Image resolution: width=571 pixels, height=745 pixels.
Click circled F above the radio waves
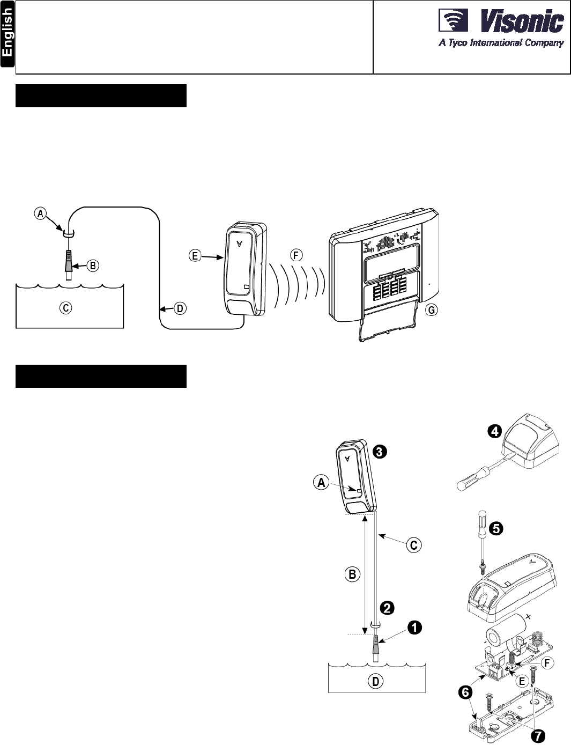pyautogui.click(x=295, y=255)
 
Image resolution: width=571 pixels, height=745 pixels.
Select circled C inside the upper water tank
pyautogui.click(x=65, y=308)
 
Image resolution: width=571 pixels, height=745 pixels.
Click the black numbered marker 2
pyautogui.click(x=387, y=608)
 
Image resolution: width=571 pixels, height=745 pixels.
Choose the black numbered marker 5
pyautogui.click(x=496, y=528)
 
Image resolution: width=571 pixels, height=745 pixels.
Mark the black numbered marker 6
pyautogui.click(x=465, y=692)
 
